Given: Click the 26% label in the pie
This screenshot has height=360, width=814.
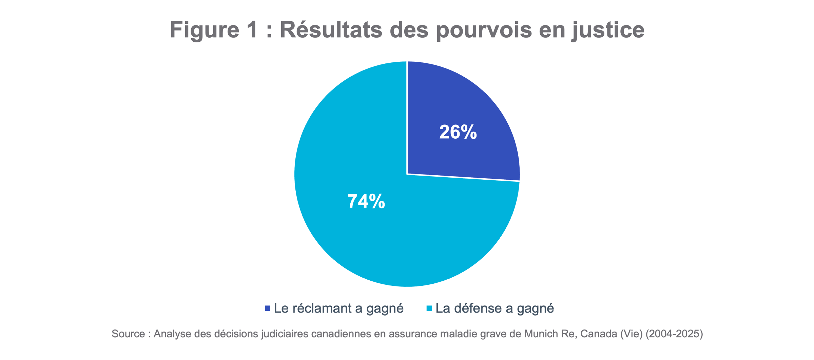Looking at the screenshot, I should (x=458, y=132).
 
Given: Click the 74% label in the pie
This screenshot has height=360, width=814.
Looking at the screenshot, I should (x=366, y=201).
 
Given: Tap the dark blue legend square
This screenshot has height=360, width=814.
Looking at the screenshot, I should (x=268, y=308).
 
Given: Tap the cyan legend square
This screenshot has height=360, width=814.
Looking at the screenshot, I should (x=429, y=308).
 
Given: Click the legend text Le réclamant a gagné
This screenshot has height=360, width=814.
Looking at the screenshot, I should (x=338, y=308).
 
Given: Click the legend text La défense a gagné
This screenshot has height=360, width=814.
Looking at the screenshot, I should (x=495, y=308).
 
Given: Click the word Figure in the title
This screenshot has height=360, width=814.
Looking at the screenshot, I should (x=205, y=30).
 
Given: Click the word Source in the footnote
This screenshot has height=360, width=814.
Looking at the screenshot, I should (x=128, y=334).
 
